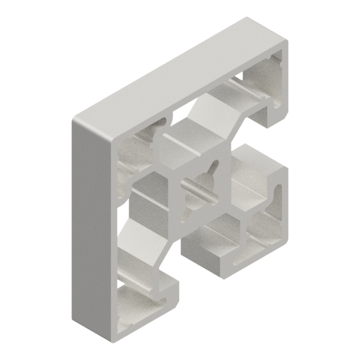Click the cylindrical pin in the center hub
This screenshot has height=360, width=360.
[x=200, y=188]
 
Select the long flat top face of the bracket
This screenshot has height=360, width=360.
[x=176, y=70]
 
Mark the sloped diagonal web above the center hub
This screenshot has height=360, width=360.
[x=204, y=112]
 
